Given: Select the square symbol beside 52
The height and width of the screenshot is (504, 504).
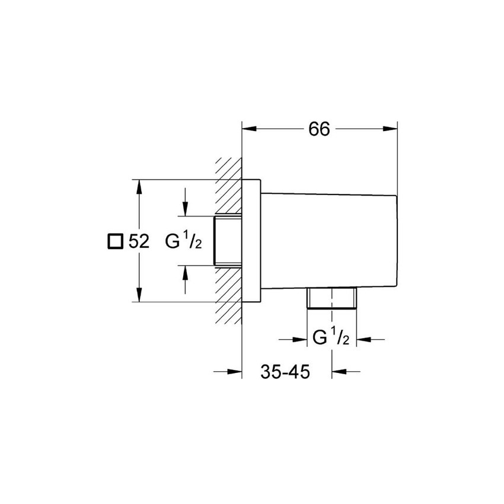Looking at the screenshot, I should pos(114,242).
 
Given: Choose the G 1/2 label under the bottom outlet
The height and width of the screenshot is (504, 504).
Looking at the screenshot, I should pos(331,339).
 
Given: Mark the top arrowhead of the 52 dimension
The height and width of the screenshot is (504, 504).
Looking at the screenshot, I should pos(140,187).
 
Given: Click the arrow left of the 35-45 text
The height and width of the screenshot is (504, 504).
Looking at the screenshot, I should pos(235,372).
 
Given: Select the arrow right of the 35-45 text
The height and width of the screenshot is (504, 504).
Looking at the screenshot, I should pos(339,372).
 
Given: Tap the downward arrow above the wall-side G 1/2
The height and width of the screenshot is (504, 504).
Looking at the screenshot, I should pos(186,208).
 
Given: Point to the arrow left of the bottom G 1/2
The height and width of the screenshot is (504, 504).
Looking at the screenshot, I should pos(299,339).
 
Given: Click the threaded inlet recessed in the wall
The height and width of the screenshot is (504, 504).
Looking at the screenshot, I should pos(228,240).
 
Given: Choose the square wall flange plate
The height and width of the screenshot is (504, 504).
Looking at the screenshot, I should pos(251,240).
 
